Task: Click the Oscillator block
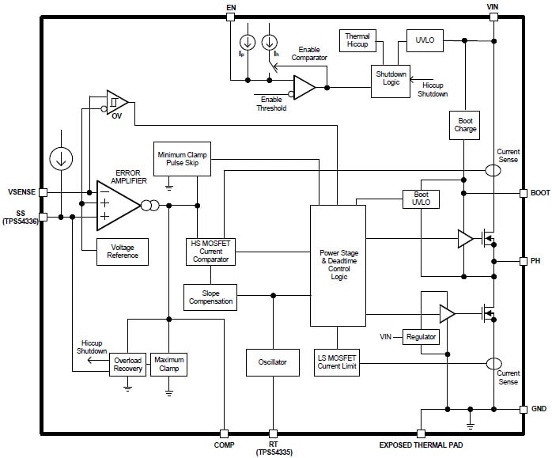coord(272,362)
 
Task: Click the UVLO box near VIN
coord(425,40)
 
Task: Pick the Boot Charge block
coord(465,125)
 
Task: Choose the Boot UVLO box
coord(420,199)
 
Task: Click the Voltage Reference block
coord(123,252)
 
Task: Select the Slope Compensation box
coord(210,297)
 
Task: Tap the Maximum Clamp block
coord(168,364)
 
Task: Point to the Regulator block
coord(421,337)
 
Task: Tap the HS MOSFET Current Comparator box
coord(210,252)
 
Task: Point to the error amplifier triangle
coord(115,205)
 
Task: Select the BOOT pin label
coord(540,192)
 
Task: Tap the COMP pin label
coord(224,445)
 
